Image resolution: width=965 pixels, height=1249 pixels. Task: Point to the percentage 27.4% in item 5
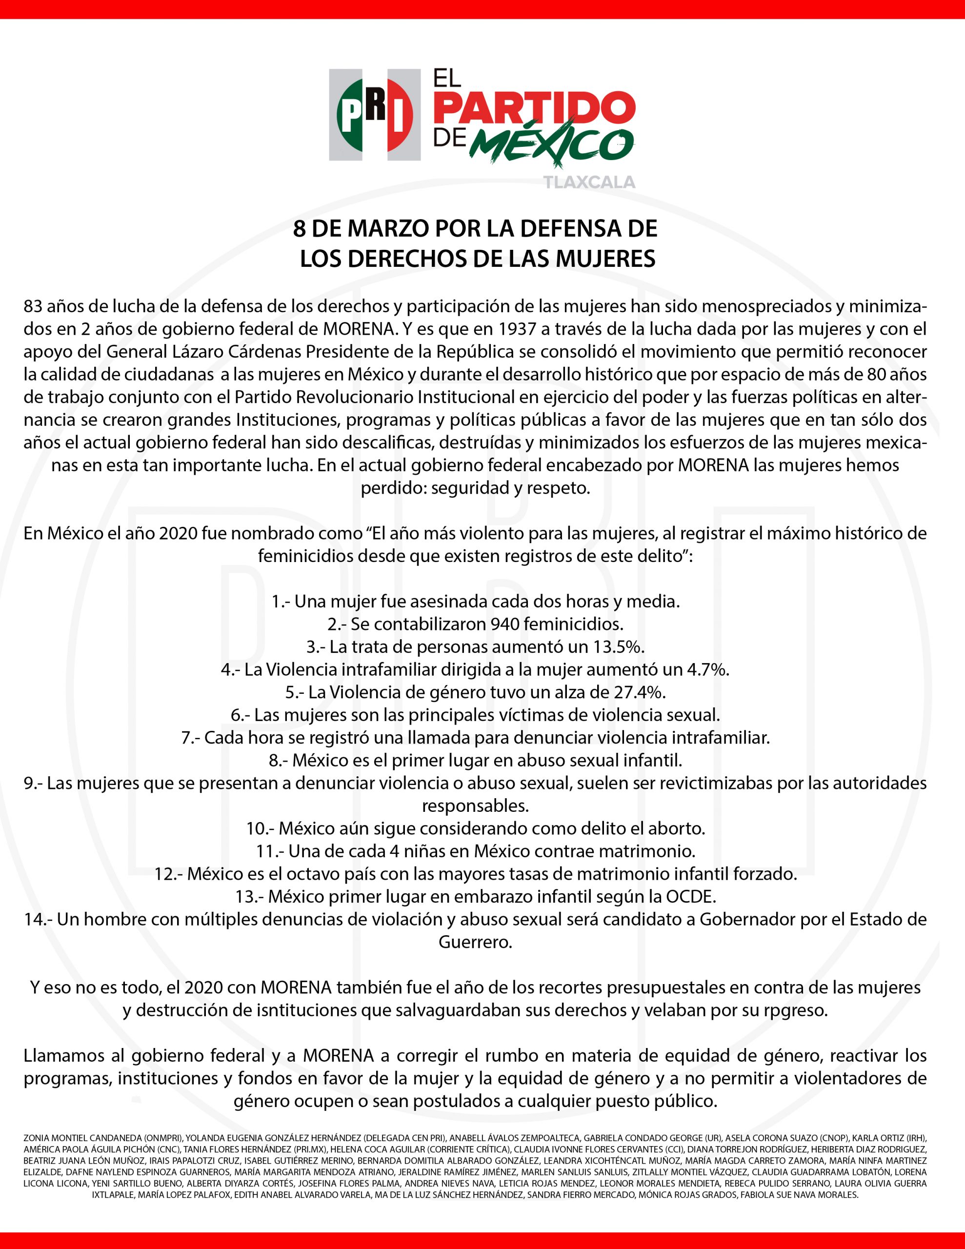click(640, 692)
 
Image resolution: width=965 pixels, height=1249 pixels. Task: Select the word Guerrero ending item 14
click(475, 941)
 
